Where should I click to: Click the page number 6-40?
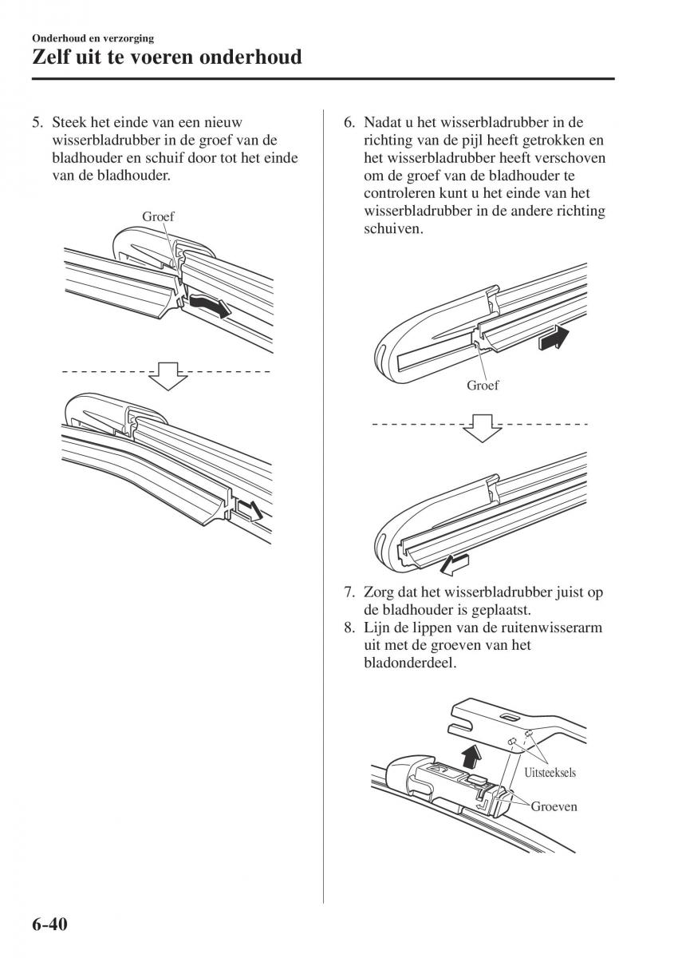[x=50, y=925]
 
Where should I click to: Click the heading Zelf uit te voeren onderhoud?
[x=167, y=57]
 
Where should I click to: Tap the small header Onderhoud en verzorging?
[x=93, y=38]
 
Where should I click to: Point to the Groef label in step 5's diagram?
[x=158, y=216]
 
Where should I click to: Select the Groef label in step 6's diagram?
[x=483, y=385]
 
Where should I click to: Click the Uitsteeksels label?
[x=550, y=772]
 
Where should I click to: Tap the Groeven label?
[x=555, y=806]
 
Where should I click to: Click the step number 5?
[x=36, y=123]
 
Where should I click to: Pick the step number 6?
[x=349, y=123]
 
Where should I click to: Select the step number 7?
[x=349, y=592]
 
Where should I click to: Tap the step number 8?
[x=349, y=627]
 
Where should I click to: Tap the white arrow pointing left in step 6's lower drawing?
[x=451, y=564]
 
